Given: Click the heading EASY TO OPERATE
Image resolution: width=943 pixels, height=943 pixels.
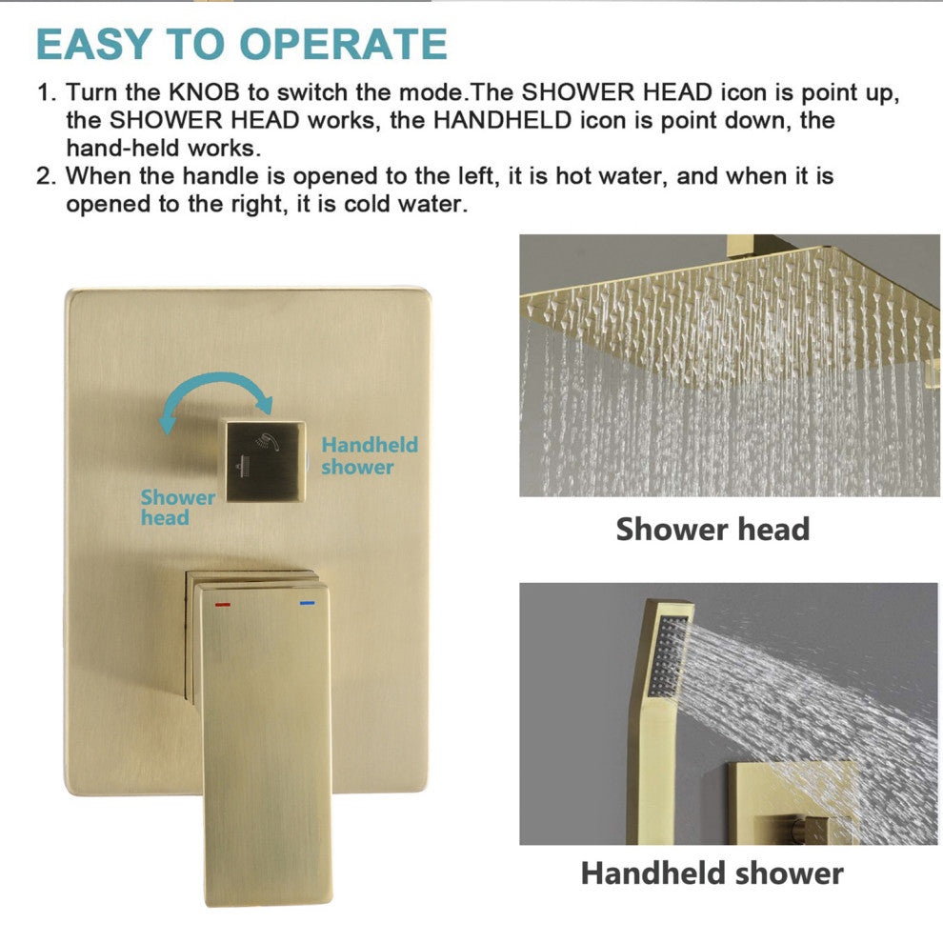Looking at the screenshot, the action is click(242, 44).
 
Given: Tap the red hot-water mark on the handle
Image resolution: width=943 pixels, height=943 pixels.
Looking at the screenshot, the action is click(223, 603).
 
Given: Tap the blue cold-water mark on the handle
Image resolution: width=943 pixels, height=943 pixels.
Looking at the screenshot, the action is click(307, 602).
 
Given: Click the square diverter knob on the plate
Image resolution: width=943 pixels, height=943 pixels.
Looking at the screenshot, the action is click(265, 460).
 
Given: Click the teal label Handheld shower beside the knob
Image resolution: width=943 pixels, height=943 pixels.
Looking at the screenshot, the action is click(370, 456).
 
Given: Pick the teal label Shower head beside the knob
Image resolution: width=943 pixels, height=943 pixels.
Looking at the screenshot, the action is click(177, 507).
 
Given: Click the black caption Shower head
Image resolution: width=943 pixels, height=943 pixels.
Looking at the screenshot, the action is click(712, 530).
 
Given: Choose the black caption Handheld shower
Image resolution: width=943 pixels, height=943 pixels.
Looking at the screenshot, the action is click(712, 873).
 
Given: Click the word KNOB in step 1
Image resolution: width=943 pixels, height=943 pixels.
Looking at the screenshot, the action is click(204, 92).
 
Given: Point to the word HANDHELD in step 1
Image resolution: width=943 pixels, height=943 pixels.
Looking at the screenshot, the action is click(502, 120).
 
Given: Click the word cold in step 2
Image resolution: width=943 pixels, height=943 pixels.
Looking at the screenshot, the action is click(367, 204).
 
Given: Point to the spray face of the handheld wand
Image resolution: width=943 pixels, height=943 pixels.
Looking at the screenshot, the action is click(667, 656).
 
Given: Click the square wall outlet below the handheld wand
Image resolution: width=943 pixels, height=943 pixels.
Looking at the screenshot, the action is click(793, 804).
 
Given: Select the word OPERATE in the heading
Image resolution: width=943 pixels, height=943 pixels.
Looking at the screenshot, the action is click(344, 44).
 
